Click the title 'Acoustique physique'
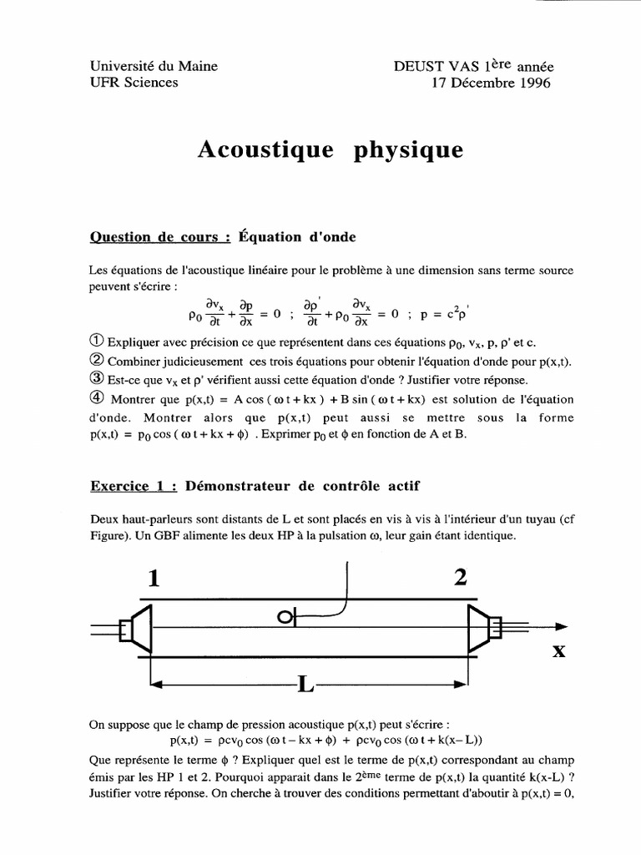pos(329,150)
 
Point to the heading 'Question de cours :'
pos(159,237)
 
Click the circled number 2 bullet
pos(95,361)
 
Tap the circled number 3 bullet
pos(95,378)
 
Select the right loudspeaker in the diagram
pos(482,626)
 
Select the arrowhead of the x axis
pos(561,626)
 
